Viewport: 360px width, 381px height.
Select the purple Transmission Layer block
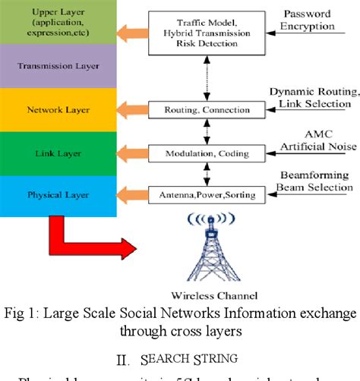(x=57, y=66)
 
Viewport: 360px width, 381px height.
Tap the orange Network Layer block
(x=57, y=109)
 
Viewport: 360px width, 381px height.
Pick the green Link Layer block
(x=57, y=153)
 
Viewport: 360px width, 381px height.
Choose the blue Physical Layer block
(x=57, y=194)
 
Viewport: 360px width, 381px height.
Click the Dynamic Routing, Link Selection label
(x=313, y=96)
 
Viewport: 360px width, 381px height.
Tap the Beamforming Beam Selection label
(x=313, y=181)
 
